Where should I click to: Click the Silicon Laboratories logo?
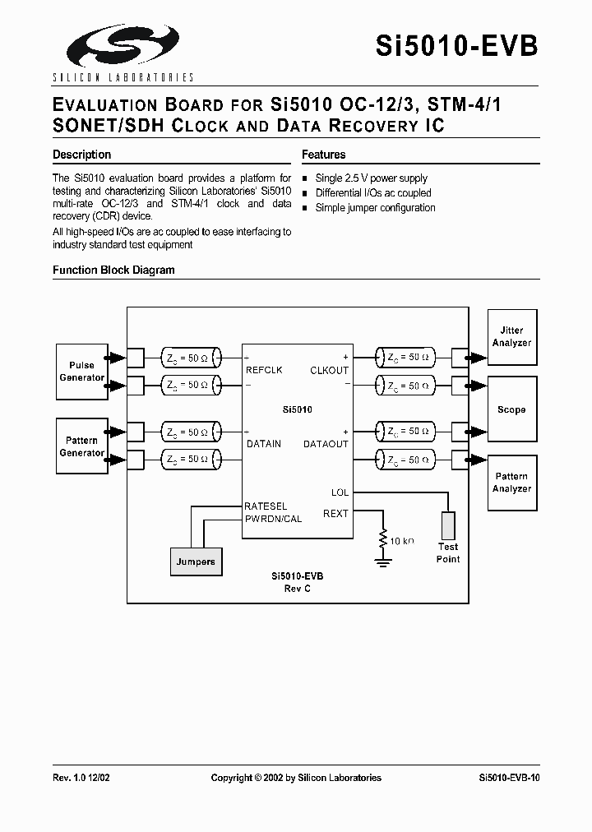122,51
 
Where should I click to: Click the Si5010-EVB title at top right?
457,46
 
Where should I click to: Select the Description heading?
81,155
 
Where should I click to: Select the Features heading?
323,155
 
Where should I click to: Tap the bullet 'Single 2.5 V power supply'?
371,178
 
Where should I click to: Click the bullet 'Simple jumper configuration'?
375,208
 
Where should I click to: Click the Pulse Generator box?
81,372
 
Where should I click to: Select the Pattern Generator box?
81,446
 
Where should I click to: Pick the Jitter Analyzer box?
511,336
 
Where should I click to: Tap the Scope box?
511,409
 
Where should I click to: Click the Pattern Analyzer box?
511,483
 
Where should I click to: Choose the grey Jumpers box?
196,562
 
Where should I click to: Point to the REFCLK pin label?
264,370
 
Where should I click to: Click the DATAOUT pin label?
326,444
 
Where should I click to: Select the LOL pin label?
339,492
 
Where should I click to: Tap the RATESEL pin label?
266,506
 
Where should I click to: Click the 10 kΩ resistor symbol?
383,541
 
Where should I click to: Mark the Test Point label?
448,552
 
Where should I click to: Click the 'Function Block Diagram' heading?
113,270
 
